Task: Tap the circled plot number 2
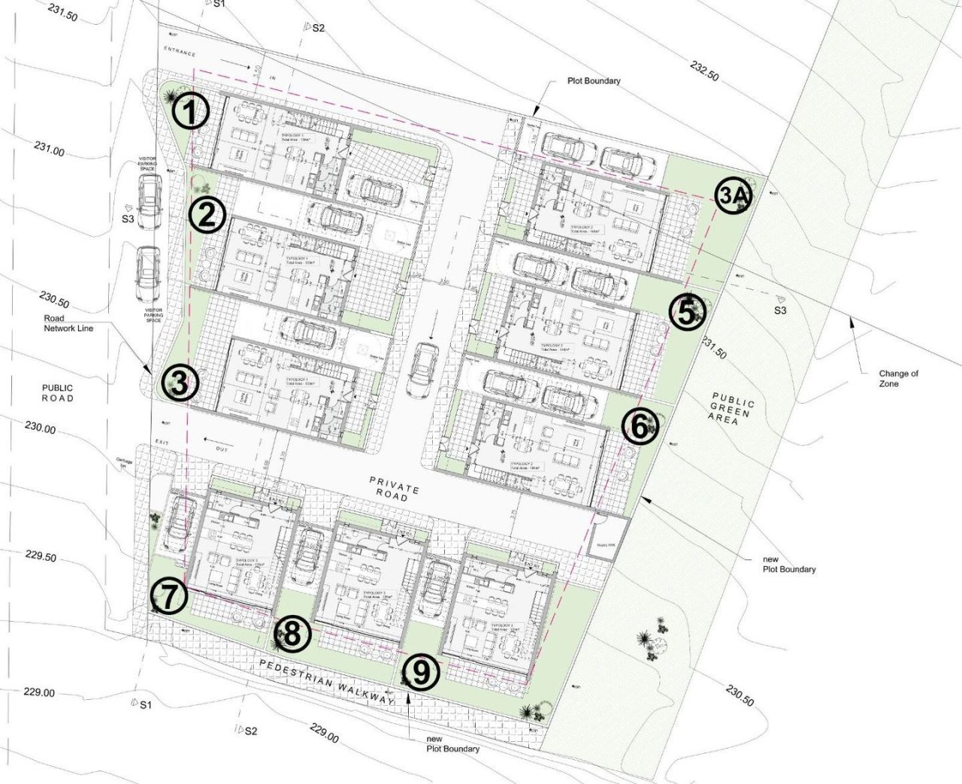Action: pos(207,216)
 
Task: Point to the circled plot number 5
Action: pos(688,313)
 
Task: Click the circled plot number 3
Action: pos(180,383)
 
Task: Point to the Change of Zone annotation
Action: pos(898,378)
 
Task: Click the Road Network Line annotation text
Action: pos(68,323)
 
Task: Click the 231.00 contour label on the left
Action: pos(49,149)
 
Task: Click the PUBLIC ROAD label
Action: pos(57,393)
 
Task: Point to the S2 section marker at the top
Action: pos(313,27)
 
